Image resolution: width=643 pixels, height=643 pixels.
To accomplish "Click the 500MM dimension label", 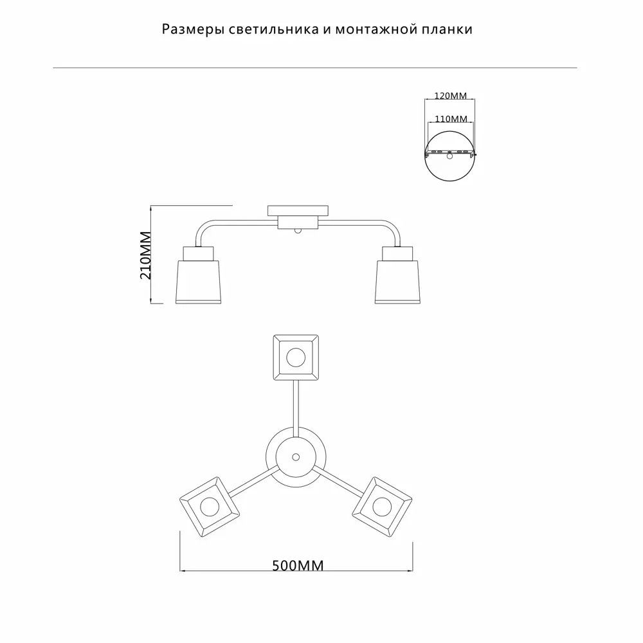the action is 298,565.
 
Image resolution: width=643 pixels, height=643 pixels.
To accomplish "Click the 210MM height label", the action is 146,255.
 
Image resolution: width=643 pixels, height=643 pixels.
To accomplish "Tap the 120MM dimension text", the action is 451,96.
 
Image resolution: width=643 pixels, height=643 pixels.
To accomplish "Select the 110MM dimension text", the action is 451,119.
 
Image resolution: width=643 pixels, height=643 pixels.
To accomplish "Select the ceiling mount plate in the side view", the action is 298,211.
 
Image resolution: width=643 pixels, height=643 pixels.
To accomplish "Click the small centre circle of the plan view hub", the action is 296,457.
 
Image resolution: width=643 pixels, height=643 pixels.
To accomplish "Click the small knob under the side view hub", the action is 298,231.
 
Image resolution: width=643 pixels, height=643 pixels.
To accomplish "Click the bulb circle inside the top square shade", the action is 296,358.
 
